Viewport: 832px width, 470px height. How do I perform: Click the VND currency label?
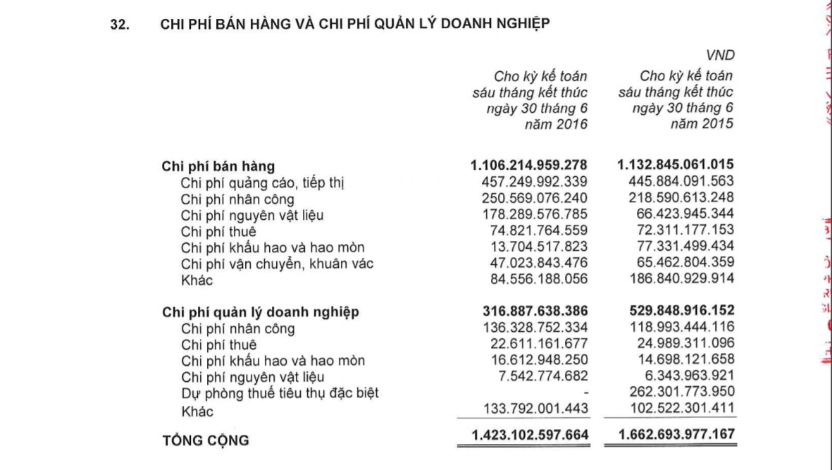coord(719,56)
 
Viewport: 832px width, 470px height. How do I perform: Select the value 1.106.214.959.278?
coord(528,166)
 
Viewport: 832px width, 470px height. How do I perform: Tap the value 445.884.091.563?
coord(676,183)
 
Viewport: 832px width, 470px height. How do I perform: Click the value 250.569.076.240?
coord(533,199)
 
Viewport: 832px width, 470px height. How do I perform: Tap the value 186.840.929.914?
coord(676,278)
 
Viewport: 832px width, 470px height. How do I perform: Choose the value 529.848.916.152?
coord(676,311)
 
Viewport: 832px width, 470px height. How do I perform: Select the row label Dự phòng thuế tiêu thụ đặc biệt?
coord(279,393)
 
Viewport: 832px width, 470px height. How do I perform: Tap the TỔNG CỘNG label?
coord(206,441)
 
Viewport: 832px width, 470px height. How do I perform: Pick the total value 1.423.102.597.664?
coord(528,435)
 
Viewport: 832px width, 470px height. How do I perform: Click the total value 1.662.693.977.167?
coord(676,435)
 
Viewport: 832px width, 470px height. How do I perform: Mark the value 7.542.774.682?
coord(542,376)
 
